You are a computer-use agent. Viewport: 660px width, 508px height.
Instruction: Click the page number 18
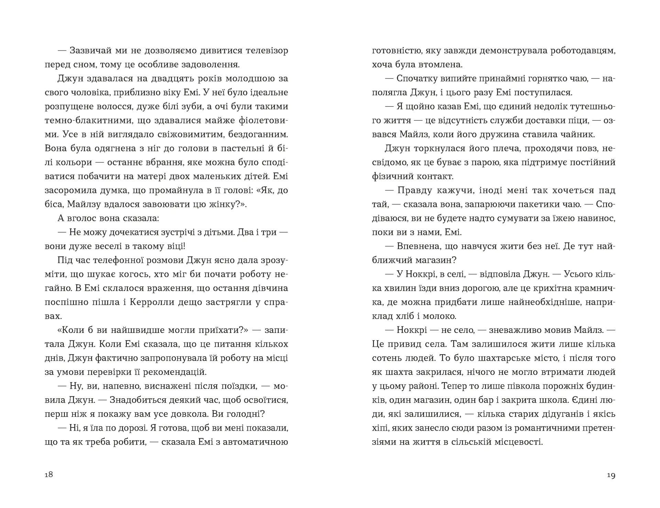click(49, 475)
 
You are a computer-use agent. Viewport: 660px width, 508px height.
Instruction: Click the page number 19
click(611, 475)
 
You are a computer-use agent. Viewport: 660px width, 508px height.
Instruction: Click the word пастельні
click(238, 148)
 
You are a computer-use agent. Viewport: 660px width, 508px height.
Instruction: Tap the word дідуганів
click(549, 414)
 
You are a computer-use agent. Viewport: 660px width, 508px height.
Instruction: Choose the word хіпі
click(379, 428)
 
